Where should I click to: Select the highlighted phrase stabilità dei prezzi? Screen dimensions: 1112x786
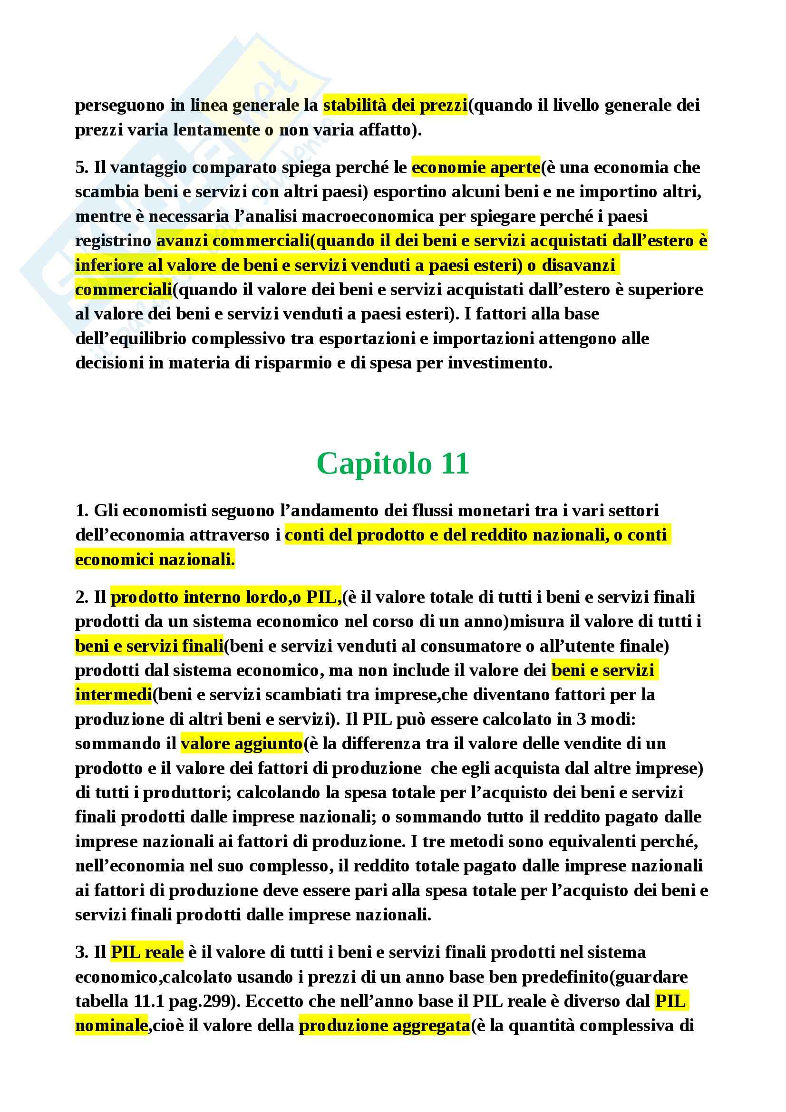(395, 105)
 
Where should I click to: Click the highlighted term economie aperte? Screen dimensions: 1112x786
(475, 167)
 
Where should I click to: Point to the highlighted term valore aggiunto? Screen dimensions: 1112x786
(241, 744)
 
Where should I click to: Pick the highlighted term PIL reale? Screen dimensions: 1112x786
(147, 962)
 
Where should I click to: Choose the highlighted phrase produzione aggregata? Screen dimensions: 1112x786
(384, 1025)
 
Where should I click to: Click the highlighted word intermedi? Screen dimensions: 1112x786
(113, 695)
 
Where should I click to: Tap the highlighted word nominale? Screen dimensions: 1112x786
(111, 1025)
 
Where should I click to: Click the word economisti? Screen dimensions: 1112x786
(167, 511)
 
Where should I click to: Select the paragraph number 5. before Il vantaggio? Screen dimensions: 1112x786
(82, 167)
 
